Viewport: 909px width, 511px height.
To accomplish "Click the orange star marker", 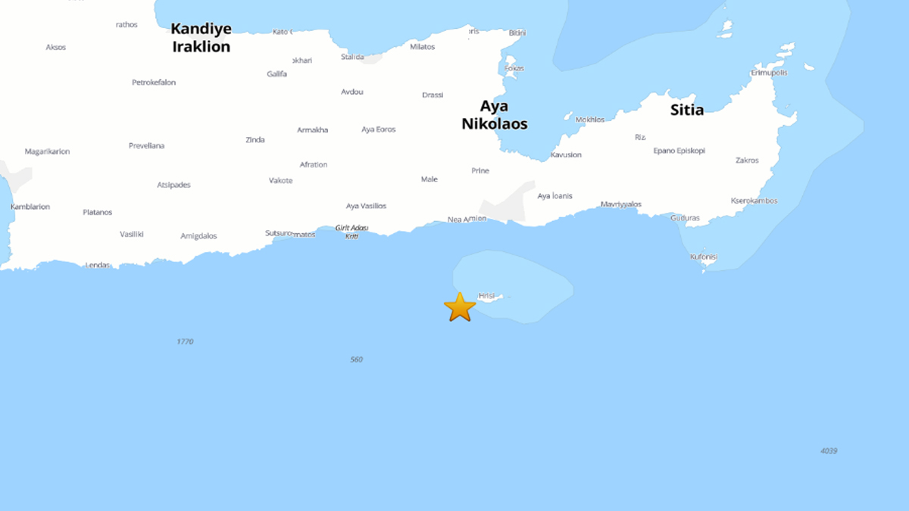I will click(460, 307).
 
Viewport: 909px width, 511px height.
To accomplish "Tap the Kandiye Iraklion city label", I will click(201, 37).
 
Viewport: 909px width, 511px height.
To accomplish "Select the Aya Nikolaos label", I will click(494, 115).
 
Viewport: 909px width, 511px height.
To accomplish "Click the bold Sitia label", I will click(686, 110).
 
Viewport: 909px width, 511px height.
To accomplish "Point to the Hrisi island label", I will click(486, 295).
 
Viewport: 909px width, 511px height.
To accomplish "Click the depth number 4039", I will click(829, 450).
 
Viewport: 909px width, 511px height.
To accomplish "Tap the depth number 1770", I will click(185, 341).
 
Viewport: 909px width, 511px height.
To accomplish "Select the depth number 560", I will click(357, 359).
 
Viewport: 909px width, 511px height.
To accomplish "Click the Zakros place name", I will click(747, 160).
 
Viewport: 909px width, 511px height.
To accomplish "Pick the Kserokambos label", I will click(754, 201).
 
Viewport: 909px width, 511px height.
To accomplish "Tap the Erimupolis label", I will click(769, 73).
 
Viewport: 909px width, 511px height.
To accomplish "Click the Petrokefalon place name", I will click(154, 83).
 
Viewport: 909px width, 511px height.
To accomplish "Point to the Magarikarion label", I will click(47, 151).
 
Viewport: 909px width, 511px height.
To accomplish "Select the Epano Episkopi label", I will click(679, 151).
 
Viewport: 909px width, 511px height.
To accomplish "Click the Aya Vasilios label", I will click(366, 206).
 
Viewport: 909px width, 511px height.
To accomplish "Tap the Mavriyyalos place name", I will click(621, 204).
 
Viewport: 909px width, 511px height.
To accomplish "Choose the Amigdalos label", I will click(198, 236).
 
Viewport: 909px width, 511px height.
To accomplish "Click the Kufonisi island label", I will click(704, 257).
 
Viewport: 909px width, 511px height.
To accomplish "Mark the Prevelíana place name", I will click(146, 145).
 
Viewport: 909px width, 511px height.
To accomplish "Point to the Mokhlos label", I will click(590, 120).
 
